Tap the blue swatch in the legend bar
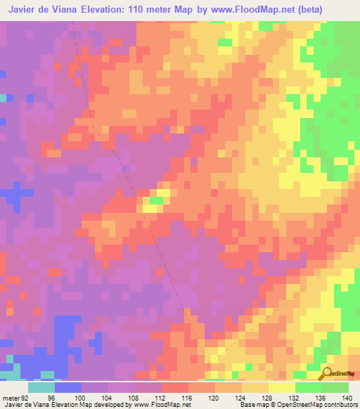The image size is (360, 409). [x=67, y=387]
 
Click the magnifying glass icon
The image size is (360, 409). [x=326, y=373]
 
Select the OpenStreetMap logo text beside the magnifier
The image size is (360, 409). [x=345, y=373]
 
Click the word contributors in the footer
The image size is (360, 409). [x=337, y=404]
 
